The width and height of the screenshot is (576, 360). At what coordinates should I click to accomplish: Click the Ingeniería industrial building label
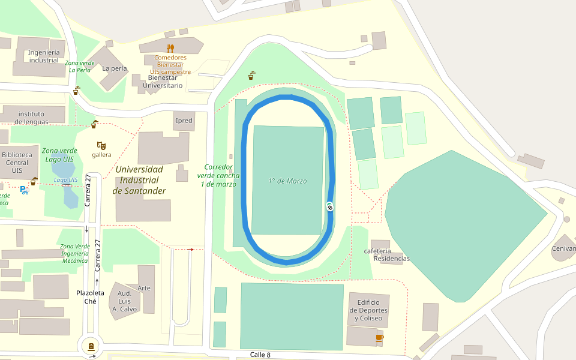pos(44,56)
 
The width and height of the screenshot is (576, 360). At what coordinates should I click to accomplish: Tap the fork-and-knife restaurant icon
pos(170,48)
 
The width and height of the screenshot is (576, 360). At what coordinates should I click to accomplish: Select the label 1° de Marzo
pos(287,181)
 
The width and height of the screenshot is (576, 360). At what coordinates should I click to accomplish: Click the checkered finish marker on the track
pos(330,206)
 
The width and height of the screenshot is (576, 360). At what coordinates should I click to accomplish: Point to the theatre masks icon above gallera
pos(101,145)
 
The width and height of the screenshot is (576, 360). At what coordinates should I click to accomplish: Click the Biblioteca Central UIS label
pos(16,163)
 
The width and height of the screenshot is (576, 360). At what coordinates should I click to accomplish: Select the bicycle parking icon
pos(24,190)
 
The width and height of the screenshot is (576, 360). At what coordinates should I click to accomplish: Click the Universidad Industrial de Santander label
pos(139,180)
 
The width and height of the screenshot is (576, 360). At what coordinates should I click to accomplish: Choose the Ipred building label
pos(184,121)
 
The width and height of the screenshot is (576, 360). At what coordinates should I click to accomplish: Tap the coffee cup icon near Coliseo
pos(379,338)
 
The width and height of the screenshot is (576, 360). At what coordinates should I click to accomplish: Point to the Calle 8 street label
pos(260,355)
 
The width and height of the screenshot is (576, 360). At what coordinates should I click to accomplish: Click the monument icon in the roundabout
pos(91,346)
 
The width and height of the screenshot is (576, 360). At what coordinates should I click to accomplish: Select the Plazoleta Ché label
pos(91,297)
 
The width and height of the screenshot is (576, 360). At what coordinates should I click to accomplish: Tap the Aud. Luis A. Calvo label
pos(125,301)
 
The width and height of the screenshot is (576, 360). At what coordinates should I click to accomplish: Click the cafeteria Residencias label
pos(385,255)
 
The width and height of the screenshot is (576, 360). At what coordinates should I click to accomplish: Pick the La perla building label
pos(114,68)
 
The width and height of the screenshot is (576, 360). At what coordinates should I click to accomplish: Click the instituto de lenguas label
pos(31,118)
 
